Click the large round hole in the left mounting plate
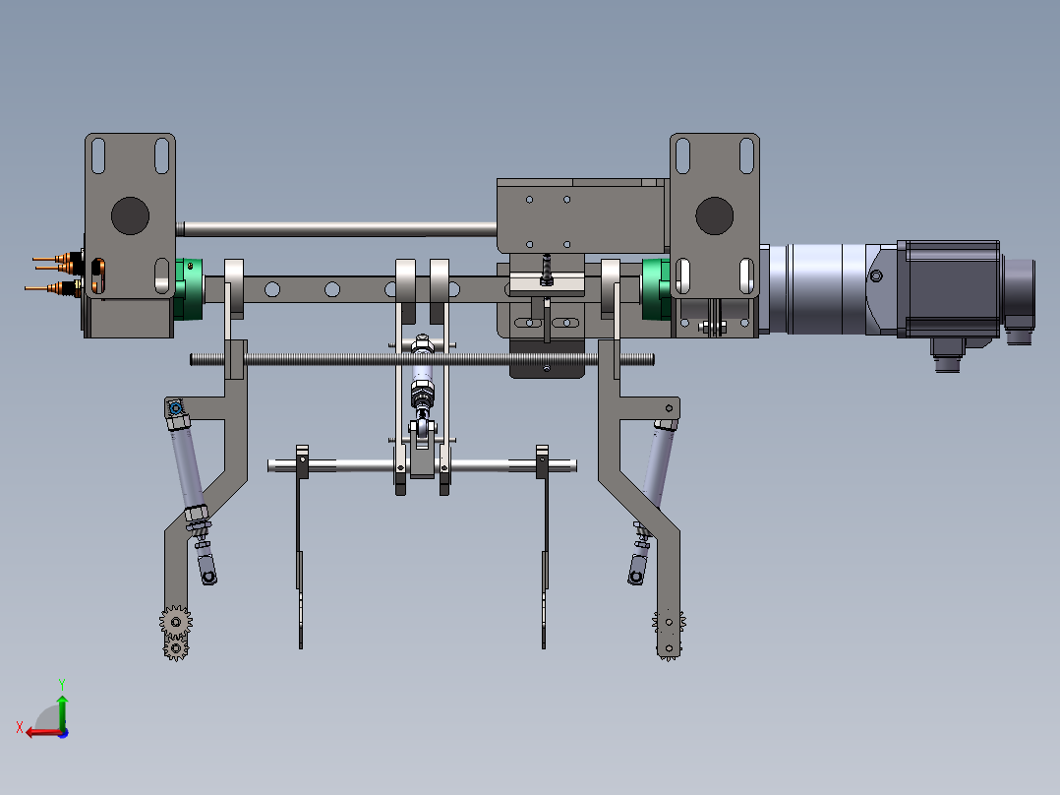point(128,215)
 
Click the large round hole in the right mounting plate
point(714,215)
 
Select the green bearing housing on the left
point(188,288)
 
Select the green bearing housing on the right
point(654,288)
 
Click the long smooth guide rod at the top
point(334,229)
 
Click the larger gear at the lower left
point(176,622)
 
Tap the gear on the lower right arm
point(670,622)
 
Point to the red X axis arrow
point(39,731)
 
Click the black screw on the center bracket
point(547,268)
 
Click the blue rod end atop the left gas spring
point(176,409)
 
